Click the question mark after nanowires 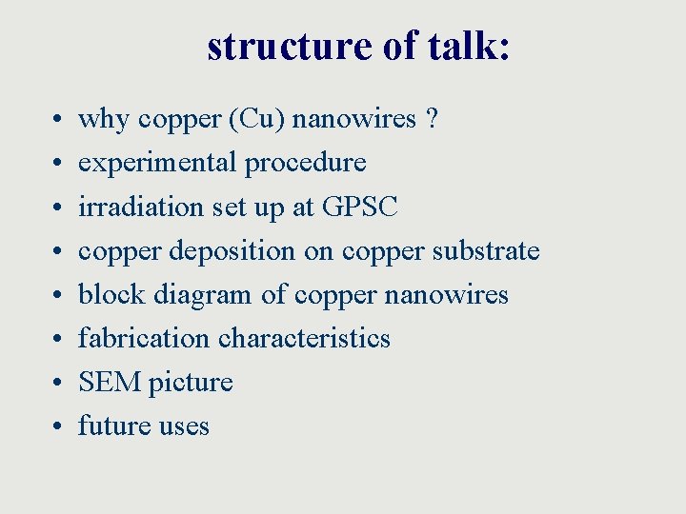433,120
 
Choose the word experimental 158,164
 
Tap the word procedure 306,164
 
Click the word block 105,295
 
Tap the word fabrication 144,339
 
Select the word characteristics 305,339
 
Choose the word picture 190,383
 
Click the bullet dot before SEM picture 58,384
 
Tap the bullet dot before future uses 58,427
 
